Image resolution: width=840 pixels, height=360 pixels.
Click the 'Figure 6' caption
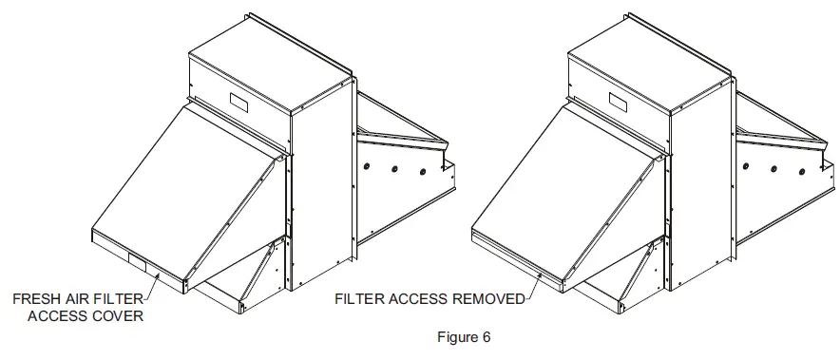[463, 336]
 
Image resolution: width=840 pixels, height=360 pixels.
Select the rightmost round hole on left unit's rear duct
[419, 175]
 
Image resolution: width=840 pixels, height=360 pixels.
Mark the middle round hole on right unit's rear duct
[774, 168]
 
